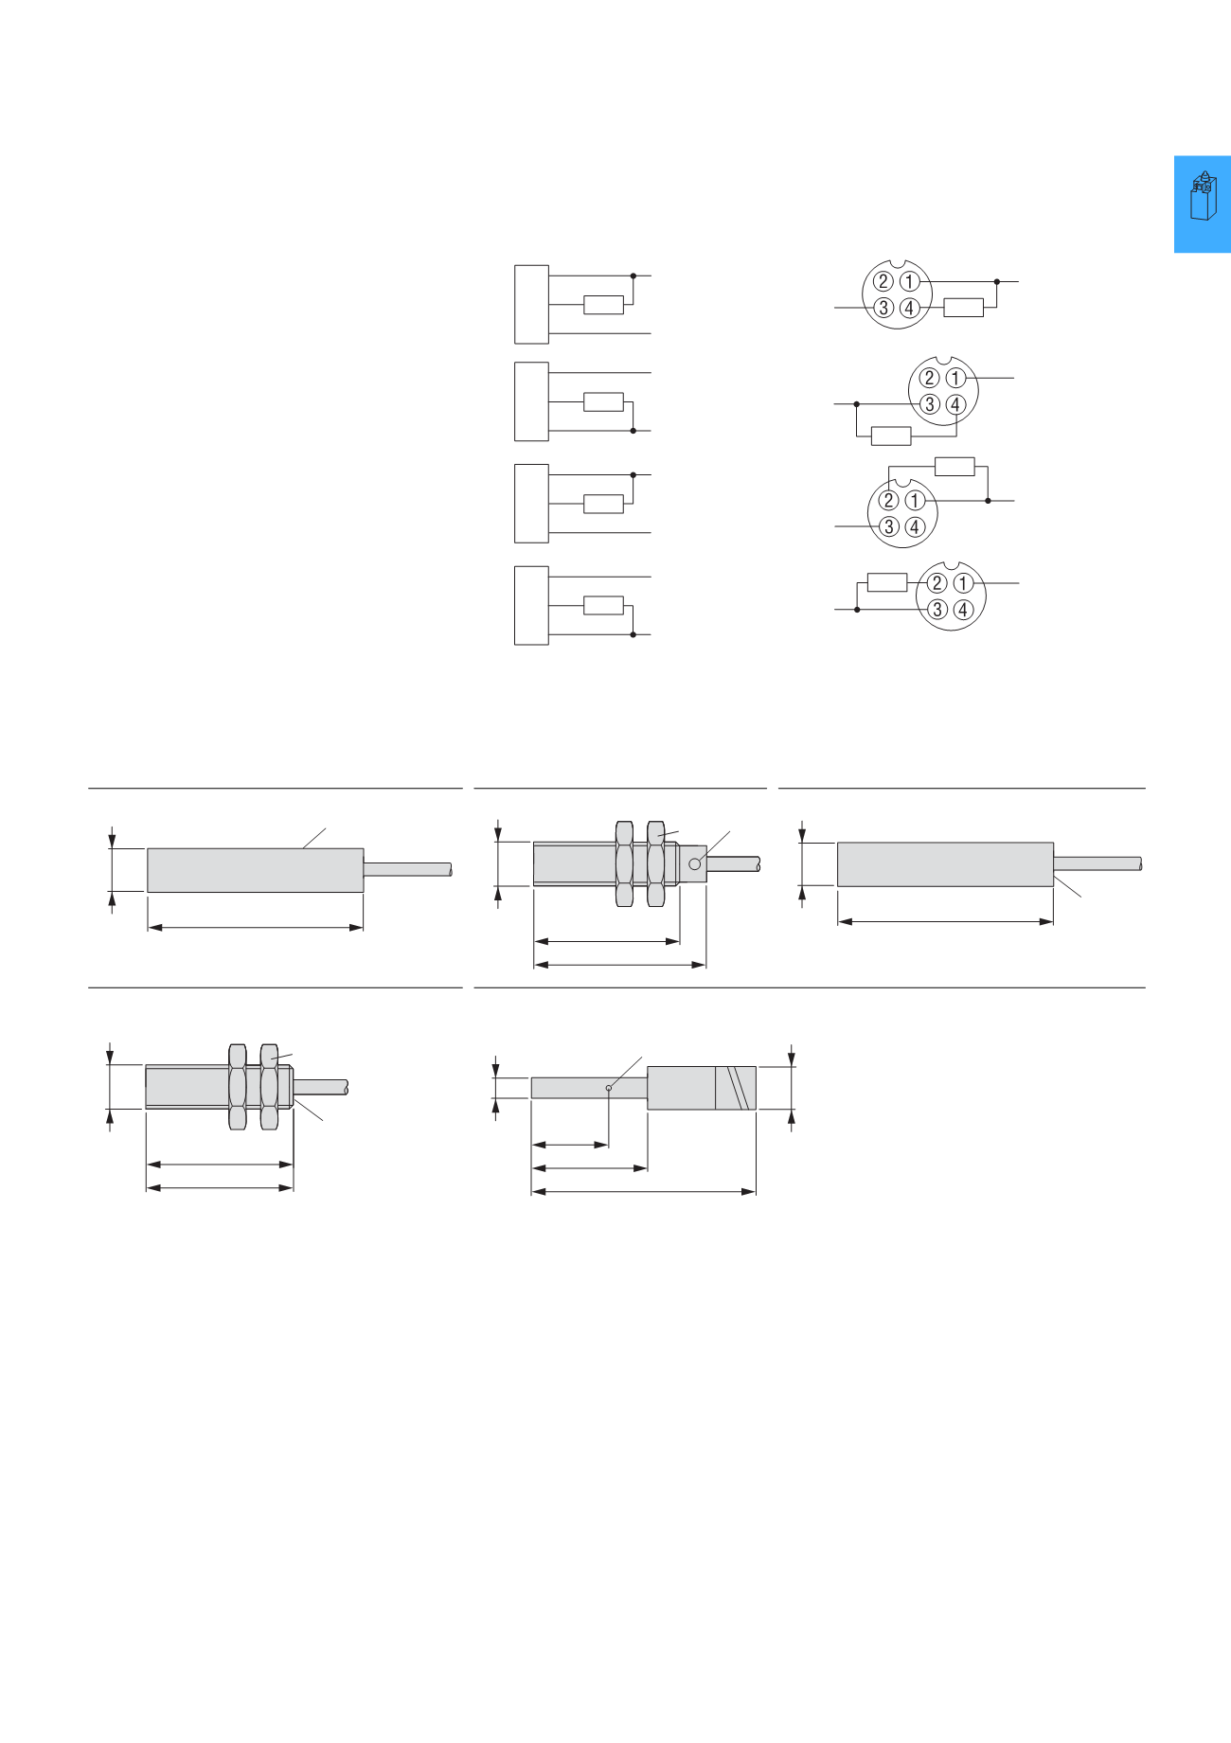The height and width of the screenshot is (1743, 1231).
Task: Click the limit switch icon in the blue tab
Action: point(1203,196)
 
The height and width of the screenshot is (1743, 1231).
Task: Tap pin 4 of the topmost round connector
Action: point(909,308)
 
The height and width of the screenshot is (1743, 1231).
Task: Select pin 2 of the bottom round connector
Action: point(937,583)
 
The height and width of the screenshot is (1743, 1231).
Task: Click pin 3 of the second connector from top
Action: point(930,404)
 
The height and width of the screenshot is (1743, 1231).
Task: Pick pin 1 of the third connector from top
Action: point(915,500)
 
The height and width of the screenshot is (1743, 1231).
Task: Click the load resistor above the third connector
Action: point(954,466)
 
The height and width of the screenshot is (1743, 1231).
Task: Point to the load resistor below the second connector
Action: point(890,436)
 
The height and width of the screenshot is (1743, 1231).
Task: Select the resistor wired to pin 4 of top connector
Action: point(964,308)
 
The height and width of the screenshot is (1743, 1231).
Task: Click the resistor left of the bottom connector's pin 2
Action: point(887,582)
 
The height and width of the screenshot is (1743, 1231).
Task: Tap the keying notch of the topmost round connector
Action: point(898,266)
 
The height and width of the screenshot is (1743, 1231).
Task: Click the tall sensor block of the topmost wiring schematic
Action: point(531,304)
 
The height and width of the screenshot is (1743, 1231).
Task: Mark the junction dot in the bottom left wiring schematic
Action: point(633,634)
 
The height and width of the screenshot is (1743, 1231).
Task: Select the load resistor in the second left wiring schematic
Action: point(603,401)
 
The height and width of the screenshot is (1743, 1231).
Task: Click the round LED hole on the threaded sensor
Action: point(694,863)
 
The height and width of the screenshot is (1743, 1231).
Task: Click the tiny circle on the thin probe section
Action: point(608,1088)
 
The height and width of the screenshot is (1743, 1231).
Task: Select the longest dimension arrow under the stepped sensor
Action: point(644,1192)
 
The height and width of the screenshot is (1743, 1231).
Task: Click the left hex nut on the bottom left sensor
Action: point(238,1086)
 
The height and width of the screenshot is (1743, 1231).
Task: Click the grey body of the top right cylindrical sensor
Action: point(945,864)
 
